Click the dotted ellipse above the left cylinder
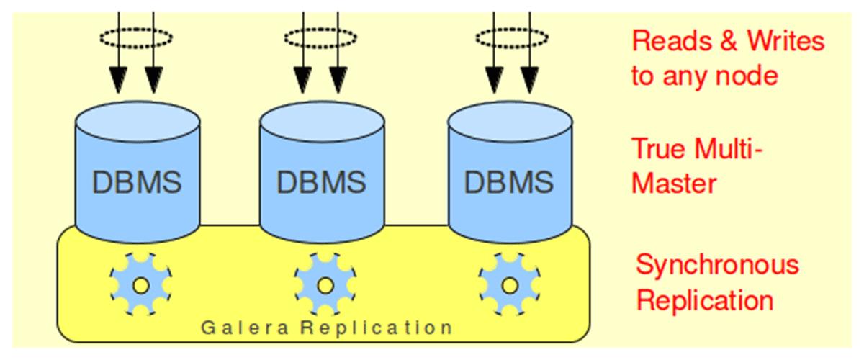coord(137,36)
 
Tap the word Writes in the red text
coord(786,41)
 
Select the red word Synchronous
coord(717,265)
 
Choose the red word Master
coord(674,184)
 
